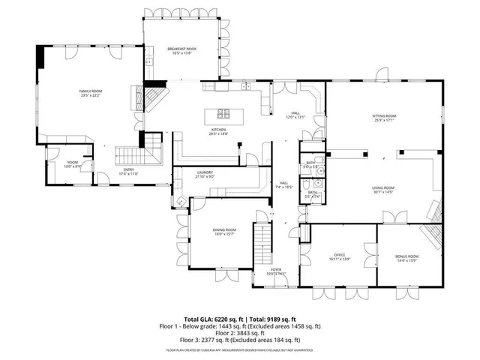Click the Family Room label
click(x=90, y=91)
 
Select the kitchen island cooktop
click(x=223, y=114)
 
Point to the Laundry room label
click(x=205, y=172)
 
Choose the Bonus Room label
click(x=407, y=256)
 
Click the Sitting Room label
click(x=384, y=116)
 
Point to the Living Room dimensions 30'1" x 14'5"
click(x=384, y=193)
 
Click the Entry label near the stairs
click(x=130, y=169)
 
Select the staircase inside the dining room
click(x=262, y=241)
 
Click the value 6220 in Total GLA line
click(x=216, y=319)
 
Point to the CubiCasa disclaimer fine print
click(x=239, y=349)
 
